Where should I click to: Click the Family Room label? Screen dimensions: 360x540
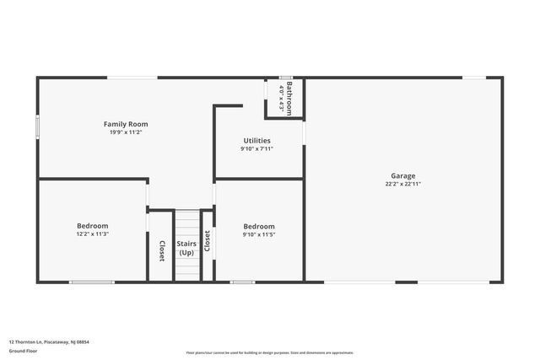pos(126,124)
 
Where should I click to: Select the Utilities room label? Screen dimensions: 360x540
pos(256,141)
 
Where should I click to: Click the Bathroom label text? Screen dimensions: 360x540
pos(289,98)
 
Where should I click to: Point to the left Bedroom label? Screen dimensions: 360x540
pos(93,225)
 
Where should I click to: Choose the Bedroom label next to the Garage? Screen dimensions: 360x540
pos(259,226)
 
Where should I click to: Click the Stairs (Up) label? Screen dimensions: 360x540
pos(186,249)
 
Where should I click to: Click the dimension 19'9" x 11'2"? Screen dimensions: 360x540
pos(126,132)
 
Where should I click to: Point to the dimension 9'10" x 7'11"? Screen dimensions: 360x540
pos(256,149)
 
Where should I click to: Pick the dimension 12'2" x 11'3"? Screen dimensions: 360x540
pos(93,234)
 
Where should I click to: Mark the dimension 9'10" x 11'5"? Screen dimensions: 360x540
pos(259,234)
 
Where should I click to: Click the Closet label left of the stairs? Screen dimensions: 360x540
pos(161,250)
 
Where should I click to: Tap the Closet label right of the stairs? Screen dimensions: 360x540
pos(207,242)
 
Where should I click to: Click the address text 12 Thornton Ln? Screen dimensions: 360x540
pos(49,342)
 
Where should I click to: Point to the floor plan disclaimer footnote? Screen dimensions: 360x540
pos(269,353)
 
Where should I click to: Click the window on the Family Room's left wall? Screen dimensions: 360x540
pos(37,126)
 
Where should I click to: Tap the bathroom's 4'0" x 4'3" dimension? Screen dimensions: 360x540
pos(281,98)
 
